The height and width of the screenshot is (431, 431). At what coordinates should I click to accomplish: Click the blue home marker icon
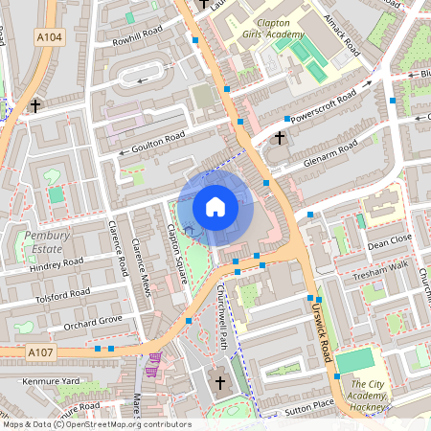[x=215, y=206]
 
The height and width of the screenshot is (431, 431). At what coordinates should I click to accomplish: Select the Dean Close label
[x=389, y=239]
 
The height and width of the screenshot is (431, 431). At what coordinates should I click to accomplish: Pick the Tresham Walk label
[x=381, y=269]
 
